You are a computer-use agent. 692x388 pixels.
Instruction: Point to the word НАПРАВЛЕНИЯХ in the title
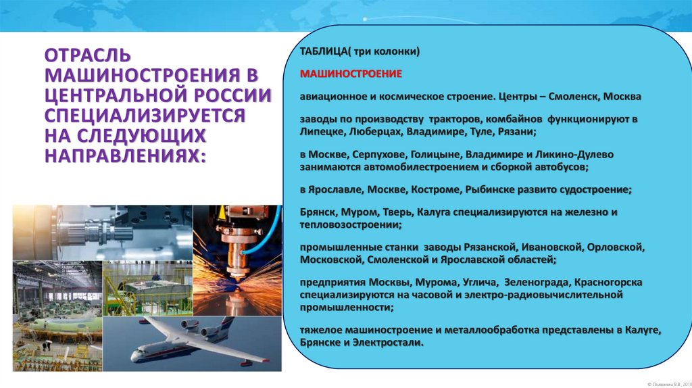click(x=122, y=156)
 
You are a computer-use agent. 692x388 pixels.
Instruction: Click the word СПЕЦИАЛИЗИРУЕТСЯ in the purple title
click(x=144, y=115)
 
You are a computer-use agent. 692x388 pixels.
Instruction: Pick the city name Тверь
click(x=391, y=212)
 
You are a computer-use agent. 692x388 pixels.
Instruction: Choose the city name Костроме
click(x=437, y=189)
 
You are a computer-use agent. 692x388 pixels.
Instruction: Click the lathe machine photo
click(x=102, y=232)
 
